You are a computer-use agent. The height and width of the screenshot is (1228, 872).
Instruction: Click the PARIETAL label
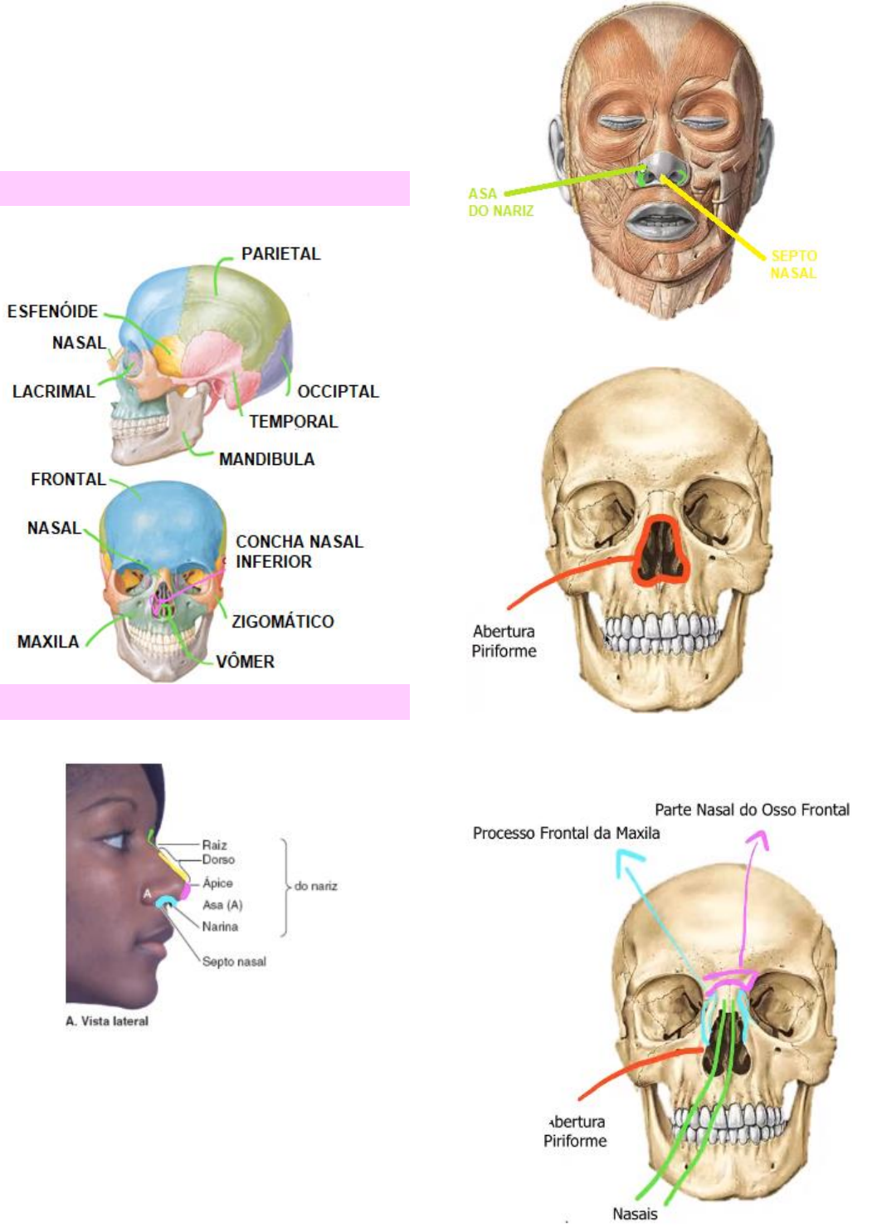[280, 254]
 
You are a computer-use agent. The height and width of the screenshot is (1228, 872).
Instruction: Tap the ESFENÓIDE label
[52, 311]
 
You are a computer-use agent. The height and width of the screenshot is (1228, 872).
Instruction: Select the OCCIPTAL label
[338, 391]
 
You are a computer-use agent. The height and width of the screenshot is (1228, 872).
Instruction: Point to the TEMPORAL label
[293, 422]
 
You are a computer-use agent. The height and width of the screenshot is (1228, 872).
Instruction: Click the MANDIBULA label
[266, 459]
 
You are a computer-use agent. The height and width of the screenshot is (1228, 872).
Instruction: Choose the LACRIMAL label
[53, 391]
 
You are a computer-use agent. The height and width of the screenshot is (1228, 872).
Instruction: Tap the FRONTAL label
[68, 479]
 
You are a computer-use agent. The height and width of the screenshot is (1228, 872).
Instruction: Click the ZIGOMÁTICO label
[282, 621]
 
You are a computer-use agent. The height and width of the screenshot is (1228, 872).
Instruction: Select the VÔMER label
[245, 662]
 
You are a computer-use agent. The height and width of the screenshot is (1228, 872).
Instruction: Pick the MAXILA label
[48, 642]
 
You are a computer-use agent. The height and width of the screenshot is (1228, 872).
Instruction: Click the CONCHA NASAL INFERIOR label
[299, 551]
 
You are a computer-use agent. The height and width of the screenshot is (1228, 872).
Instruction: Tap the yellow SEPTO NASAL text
[793, 264]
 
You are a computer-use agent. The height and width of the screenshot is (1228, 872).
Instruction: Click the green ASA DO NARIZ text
[500, 202]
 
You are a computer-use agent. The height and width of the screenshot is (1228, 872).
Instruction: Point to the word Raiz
[214, 844]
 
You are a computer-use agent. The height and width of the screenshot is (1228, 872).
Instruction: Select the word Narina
[220, 927]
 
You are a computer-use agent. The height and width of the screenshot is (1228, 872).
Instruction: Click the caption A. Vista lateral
[107, 1021]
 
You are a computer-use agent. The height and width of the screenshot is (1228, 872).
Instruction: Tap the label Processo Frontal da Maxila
[566, 833]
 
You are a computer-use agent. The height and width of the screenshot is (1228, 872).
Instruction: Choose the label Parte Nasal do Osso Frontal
[752, 810]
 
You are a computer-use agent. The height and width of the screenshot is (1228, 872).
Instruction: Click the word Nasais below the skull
[635, 1214]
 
